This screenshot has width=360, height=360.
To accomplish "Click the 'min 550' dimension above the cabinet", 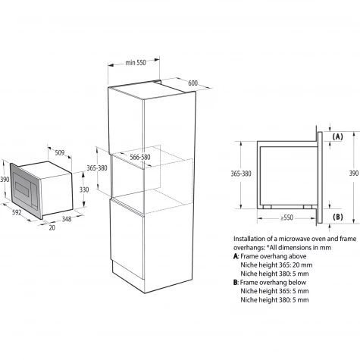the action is [x=136, y=62].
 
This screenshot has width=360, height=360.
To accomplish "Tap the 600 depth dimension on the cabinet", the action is [x=193, y=83].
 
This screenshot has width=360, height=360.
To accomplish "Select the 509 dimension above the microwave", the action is [x=60, y=152].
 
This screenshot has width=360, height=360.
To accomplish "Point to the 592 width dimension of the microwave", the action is [x=17, y=212].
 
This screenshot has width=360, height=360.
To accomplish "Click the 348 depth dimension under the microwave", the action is [x=67, y=219].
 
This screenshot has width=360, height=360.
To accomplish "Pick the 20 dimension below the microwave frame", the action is [x=52, y=227].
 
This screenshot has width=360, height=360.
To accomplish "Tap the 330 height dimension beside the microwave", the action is [x=84, y=189].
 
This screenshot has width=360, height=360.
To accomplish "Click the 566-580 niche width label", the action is [x=140, y=157].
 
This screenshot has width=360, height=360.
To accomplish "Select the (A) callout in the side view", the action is [x=338, y=136].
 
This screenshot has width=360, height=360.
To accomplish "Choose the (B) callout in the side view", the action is [x=338, y=217].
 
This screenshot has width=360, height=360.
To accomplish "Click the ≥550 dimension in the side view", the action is [x=286, y=218].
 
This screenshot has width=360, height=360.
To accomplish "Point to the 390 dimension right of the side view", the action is [x=354, y=173].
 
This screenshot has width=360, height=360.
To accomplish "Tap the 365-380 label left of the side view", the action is [x=241, y=174].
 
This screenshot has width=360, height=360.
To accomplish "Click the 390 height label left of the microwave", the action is [x=5, y=180].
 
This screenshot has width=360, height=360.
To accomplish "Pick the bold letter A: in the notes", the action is [x=236, y=256].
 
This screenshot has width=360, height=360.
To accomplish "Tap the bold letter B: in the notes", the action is [x=236, y=283].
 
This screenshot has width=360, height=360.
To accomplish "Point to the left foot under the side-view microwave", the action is [x=267, y=207].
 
